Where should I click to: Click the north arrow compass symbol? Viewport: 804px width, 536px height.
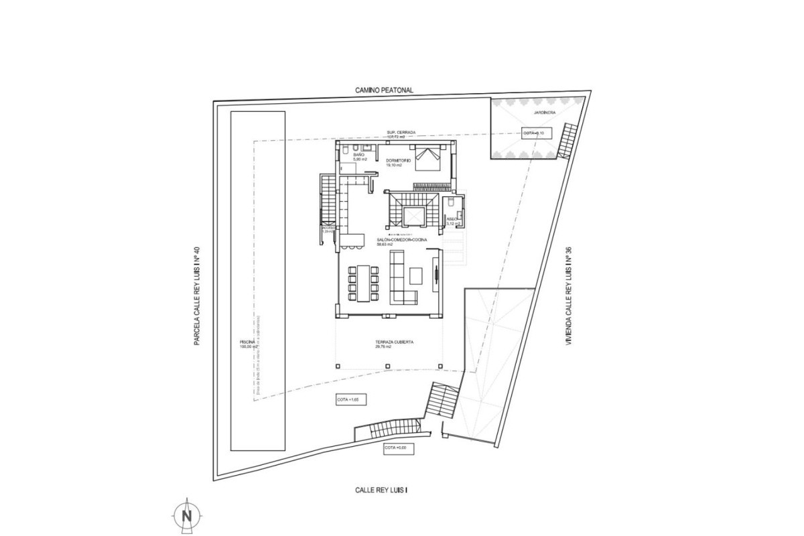coord(187,515)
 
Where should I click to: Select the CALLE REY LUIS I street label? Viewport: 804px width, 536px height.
coord(381,490)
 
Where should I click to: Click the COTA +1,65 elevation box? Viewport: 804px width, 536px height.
coord(352,400)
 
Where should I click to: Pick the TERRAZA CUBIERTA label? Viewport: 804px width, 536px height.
coord(394,344)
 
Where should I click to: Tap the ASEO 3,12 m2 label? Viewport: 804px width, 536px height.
coord(452,222)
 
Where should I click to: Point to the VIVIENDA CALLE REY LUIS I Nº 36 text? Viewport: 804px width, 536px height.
coord(569,295)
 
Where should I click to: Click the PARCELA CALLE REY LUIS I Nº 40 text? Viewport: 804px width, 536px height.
coord(198,295)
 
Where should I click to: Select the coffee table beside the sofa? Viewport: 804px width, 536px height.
coord(416,275)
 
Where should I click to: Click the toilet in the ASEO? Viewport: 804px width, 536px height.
coord(454,202)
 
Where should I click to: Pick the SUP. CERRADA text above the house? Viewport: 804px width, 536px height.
coord(401,133)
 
